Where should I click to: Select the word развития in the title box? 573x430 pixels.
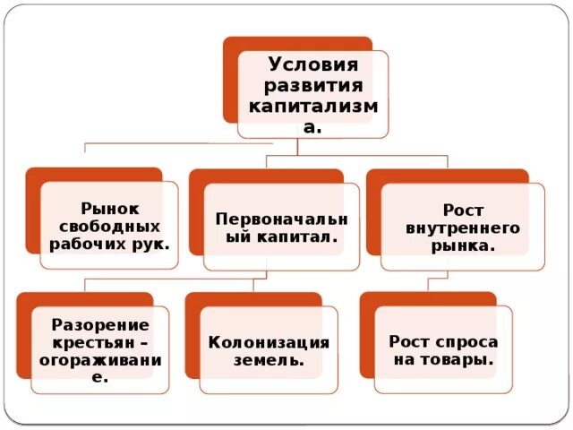coord(312,87)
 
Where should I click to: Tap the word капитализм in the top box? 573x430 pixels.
coord(312,107)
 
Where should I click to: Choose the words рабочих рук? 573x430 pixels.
coord(109,242)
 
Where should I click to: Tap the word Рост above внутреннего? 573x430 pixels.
coord(463,211)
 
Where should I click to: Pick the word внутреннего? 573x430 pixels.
coord(462,228)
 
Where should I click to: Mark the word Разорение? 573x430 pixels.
coord(99,324)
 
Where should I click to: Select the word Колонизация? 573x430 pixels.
coord(269,342)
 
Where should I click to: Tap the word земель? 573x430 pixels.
coord(269,360)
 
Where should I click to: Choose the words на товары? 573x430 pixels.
coord(443,359)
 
